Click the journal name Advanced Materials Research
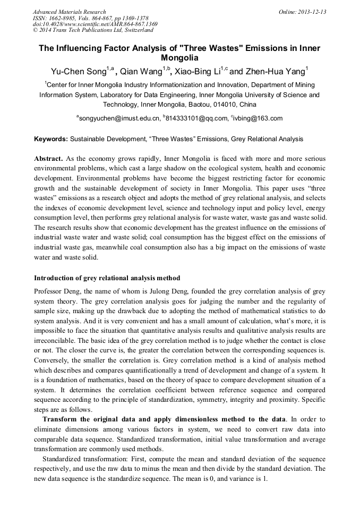(69, 12)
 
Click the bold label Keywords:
(51, 140)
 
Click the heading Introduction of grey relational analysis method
(107, 278)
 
